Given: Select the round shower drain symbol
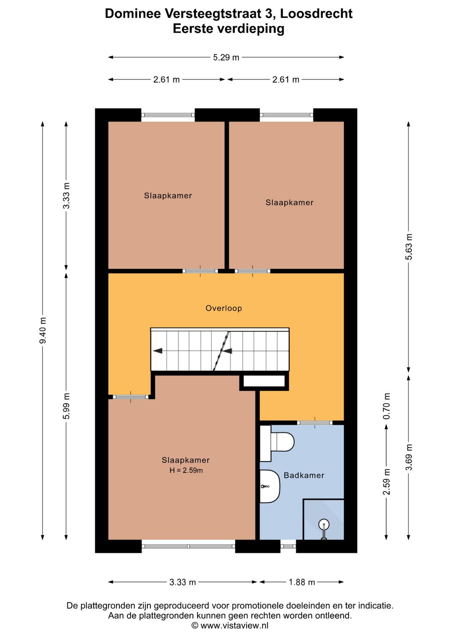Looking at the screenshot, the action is tap(324, 523).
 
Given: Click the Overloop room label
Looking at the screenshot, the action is tap(224, 308).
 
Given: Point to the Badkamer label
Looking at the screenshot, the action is tap(304, 475).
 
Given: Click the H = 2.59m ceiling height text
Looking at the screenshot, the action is tap(186, 470).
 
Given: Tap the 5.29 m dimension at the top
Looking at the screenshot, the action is tap(226, 58).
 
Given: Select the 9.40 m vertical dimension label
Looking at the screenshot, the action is tap(43, 331).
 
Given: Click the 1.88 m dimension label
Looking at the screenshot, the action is tap(302, 582).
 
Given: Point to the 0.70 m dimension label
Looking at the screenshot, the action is tap(386, 407).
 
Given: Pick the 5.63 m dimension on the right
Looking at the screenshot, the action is tap(409, 247).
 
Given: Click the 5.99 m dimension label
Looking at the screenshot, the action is tap(66, 406).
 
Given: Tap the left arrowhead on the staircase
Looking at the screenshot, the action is tap(157, 351).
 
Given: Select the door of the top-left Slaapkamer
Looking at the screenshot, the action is tap(200, 271).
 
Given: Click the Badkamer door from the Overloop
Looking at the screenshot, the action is tap(315, 422).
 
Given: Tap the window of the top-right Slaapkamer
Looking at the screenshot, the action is tap(286, 115).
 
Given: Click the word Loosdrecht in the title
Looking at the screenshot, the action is tap(317, 14).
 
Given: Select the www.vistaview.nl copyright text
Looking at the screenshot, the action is tap(230, 626).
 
